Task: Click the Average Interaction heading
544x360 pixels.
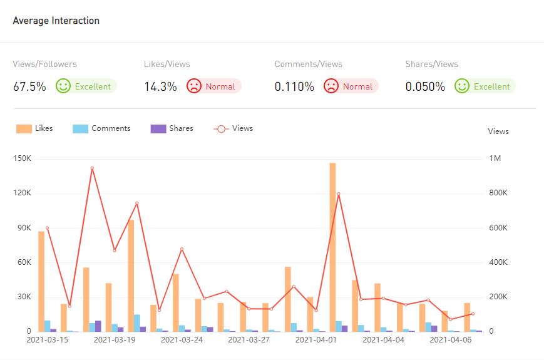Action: tap(56, 21)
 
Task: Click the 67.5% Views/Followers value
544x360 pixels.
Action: tap(29, 87)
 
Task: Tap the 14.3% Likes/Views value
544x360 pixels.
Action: tap(160, 87)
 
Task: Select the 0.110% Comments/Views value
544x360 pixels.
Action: tap(294, 87)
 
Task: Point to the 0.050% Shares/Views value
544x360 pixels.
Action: tap(425, 87)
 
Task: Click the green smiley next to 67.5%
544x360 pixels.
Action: tap(63, 86)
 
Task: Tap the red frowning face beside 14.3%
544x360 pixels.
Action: tap(194, 86)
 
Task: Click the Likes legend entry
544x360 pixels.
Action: tap(35, 128)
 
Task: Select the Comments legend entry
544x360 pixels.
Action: tap(102, 128)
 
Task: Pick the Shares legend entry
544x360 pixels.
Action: tap(172, 128)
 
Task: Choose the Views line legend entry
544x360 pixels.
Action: tap(234, 128)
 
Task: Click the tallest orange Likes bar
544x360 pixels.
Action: tap(332, 247)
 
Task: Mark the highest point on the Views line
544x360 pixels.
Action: tap(92, 168)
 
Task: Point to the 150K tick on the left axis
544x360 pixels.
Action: tap(22, 158)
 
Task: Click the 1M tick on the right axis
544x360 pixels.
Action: tap(495, 158)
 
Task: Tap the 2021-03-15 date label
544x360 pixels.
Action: tap(48, 340)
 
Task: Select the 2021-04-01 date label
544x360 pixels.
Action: tap(316, 340)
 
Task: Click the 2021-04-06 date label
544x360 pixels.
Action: tap(451, 340)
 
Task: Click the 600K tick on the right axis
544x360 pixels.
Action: tap(498, 228)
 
